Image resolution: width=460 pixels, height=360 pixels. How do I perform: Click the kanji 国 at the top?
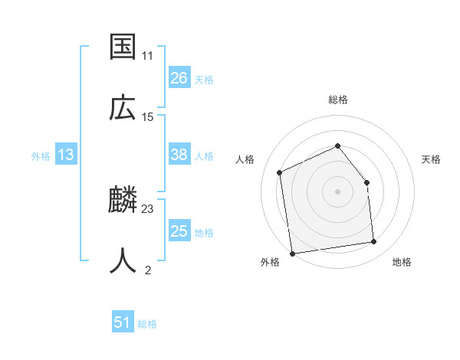(123, 47)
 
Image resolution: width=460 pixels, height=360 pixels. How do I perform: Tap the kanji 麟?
(123, 201)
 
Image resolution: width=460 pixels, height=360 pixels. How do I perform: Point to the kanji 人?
(123, 260)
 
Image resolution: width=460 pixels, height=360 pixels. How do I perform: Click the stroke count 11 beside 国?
(147, 56)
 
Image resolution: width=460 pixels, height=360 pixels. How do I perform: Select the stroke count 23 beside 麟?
(148, 209)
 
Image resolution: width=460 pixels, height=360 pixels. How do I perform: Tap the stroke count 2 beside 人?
(147, 270)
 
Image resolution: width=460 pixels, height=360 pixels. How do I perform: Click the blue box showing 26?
(179, 78)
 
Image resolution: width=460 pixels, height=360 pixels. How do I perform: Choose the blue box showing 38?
(179, 155)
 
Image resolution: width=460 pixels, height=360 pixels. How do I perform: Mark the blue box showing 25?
(179, 231)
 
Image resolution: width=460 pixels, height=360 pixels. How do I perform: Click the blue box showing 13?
(66, 155)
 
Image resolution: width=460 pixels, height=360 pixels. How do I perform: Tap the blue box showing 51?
(123, 322)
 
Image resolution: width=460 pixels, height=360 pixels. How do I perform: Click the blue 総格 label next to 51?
(147, 324)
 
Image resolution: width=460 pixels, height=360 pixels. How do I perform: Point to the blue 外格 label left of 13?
(41, 156)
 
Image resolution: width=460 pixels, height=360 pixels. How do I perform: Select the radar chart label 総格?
(337, 100)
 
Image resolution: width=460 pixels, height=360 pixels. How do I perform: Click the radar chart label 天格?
(431, 159)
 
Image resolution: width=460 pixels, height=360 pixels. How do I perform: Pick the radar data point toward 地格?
(374, 242)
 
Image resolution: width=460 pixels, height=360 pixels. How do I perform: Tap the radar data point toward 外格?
(292, 253)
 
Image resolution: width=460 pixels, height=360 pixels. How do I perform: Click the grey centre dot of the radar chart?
(337, 191)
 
